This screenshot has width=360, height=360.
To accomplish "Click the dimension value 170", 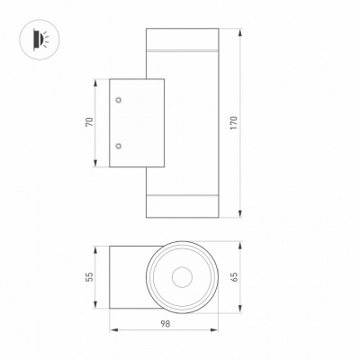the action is pyautogui.click(x=234, y=122).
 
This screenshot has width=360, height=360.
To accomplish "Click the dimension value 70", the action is pyautogui.click(x=90, y=122).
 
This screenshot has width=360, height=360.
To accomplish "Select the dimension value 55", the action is pyautogui.click(x=90, y=276).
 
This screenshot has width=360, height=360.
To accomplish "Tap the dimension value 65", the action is pyautogui.click(x=234, y=276).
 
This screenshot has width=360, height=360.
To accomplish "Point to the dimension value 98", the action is pyautogui.click(x=165, y=324).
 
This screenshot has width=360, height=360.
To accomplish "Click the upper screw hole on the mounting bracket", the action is pyautogui.click(x=119, y=100).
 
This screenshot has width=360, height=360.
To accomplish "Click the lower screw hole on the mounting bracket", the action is pyautogui.click(x=119, y=146).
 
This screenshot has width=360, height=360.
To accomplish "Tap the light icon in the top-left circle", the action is pyautogui.click(x=40, y=39).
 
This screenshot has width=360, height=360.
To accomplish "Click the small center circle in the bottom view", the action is pyautogui.click(x=182, y=277).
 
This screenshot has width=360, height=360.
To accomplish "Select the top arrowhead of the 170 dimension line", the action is pyautogui.click(x=240, y=32).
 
